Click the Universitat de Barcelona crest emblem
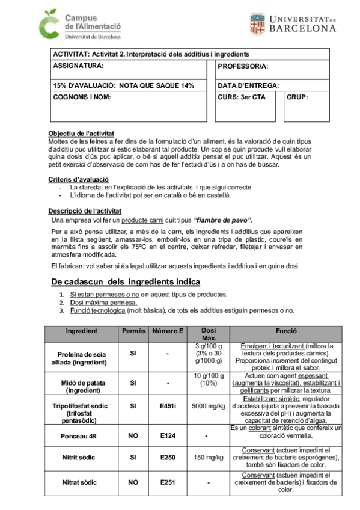[257, 24]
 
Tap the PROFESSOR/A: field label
[243, 66]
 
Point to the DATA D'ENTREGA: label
[248, 86]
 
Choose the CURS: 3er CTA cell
[241, 97]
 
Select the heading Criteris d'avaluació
[78, 179]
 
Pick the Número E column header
[168, 331]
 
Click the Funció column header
[285, 331]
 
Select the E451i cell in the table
[168, 407]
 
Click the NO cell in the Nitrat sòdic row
[133, 482]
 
